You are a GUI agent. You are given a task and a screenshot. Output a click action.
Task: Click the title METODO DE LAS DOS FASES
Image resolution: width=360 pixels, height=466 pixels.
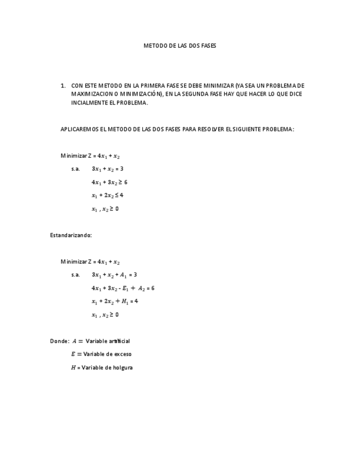(180, 46)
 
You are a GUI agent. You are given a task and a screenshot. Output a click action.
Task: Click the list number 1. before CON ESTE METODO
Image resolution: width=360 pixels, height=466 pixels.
(63, 86)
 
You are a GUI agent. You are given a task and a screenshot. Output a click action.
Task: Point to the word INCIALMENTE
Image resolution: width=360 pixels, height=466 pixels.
(88, 103)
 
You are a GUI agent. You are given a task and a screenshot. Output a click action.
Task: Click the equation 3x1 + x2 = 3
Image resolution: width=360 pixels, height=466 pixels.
(107, 169)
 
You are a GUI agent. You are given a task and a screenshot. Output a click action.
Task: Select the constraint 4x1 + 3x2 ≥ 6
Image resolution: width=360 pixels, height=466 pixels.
(109, 182)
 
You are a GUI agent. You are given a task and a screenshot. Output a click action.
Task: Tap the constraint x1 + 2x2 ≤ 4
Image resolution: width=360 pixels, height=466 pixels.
(107, 195)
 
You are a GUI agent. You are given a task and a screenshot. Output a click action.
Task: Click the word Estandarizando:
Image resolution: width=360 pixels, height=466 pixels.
(71, 235)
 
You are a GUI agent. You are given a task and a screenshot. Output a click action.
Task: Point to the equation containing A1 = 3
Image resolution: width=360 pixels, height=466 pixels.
(114, 275)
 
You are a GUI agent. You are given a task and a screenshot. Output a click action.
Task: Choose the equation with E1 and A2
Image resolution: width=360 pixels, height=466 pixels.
(123, 288)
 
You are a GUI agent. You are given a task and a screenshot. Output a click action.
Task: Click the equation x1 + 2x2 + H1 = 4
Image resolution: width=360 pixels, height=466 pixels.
(114, 301)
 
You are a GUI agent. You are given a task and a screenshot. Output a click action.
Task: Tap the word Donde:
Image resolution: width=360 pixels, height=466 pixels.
(59, 341)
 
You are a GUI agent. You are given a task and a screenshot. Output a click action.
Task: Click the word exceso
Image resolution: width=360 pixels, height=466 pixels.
(122, 354)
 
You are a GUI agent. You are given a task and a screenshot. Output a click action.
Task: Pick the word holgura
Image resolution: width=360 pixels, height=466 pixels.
(123, 368)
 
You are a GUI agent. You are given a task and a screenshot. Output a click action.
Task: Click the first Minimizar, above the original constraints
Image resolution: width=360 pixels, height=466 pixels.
(73, 156)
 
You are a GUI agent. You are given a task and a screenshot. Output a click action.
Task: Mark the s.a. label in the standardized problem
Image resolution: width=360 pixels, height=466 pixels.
(75, 275)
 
